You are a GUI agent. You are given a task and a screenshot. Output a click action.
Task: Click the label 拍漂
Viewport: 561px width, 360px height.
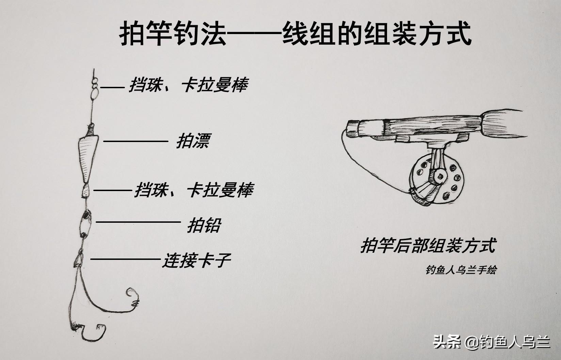coord(194,141)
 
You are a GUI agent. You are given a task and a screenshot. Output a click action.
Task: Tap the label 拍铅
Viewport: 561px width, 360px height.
coord(204,225)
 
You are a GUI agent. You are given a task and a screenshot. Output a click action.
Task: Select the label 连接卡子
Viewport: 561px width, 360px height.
coord(196,261)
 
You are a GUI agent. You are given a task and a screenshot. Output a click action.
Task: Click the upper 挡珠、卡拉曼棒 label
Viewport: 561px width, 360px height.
coord(189,85)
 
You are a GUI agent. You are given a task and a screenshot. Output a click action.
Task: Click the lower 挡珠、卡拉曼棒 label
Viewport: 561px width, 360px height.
coord(194,190)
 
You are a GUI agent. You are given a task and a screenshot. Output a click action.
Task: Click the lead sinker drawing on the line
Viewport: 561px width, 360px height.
coord(85,224)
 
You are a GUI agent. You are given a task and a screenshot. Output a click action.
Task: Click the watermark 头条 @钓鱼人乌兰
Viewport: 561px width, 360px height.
coord(492,342)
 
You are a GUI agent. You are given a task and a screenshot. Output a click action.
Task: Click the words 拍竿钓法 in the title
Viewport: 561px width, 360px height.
coord(173,33)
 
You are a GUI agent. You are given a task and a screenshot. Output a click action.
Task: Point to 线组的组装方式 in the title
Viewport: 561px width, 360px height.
coord(377,33)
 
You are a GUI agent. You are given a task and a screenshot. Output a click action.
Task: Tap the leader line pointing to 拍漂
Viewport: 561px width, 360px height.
coord(136,141)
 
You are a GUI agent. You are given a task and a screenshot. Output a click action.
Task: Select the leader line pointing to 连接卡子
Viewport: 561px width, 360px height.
coord(125,259)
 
